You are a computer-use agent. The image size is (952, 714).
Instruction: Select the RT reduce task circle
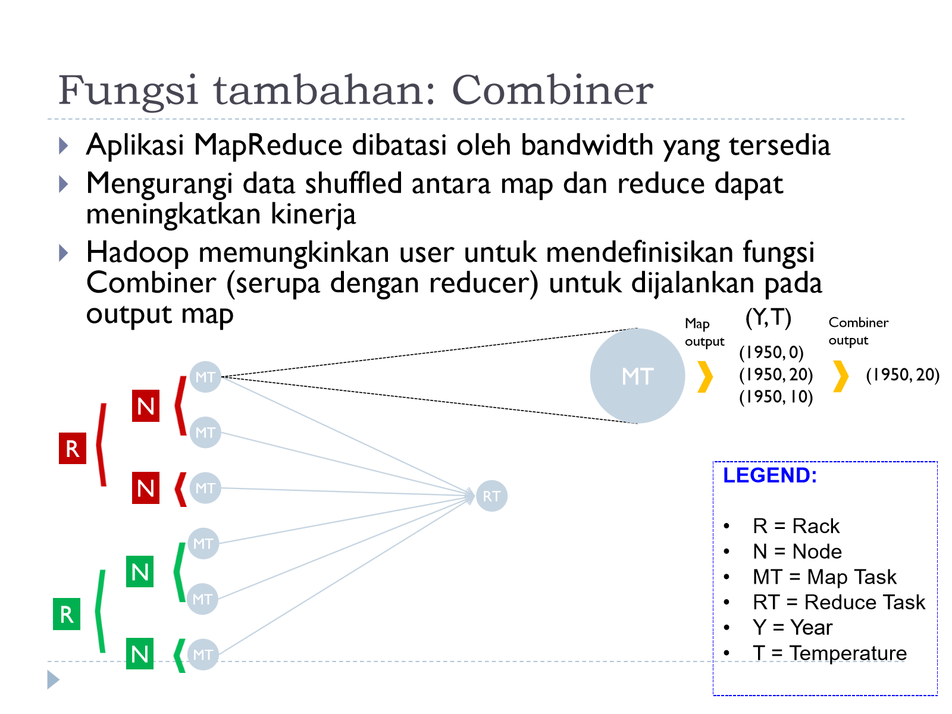491,496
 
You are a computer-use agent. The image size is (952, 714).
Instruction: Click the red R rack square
73,448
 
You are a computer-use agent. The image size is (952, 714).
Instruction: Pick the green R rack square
67,614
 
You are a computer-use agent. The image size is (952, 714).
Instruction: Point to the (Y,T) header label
768,317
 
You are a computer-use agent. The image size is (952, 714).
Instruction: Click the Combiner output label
858,331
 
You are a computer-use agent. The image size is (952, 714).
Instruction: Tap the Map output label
704,332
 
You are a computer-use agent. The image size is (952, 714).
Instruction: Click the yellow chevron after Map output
705,377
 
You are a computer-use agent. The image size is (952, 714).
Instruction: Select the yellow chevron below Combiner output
841,376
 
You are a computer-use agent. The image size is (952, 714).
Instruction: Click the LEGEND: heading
770,475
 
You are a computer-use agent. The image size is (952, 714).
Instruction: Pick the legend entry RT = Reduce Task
838,602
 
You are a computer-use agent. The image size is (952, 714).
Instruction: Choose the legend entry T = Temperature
829,653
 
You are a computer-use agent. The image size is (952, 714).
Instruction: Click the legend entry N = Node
797,551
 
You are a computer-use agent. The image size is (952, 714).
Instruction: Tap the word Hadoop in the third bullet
137,253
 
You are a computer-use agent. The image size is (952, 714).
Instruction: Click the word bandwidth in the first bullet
587,145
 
